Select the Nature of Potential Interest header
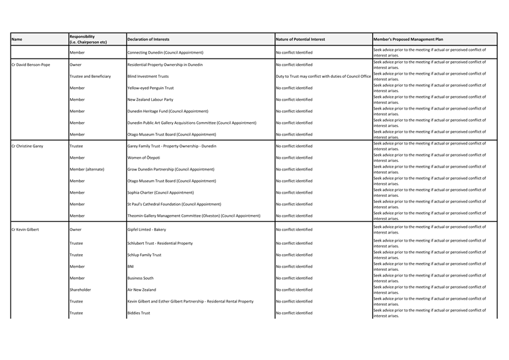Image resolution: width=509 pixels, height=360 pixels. pyautogui.click(x=300, y=39)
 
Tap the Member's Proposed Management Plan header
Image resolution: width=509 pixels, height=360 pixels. pyautogui.click(x=408, y=39)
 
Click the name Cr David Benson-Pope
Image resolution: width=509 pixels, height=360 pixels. pyautogui.click(x=30, y=64)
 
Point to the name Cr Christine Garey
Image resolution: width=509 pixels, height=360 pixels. pyautogui.click(x=27, y=146)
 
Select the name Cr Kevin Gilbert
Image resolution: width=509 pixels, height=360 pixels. pyautogui.click(x=26, y=229)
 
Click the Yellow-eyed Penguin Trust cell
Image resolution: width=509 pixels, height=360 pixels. pyautogui.click(x=150, y=88)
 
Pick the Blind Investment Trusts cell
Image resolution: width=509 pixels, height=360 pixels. pyautogui.click(x=148, y=76)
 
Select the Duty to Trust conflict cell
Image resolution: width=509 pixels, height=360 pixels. pyautogui.click(x=323, y=76)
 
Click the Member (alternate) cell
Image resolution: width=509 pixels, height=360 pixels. pyautogui.click(x=87, y=169)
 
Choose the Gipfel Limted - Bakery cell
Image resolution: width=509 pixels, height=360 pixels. pyautogui.click(x=147, y=229)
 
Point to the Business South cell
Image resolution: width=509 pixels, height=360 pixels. pyautogui.click(x=140, y=278)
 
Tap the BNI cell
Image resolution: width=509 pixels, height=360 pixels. pyautogui.click(x=130, y=267)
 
